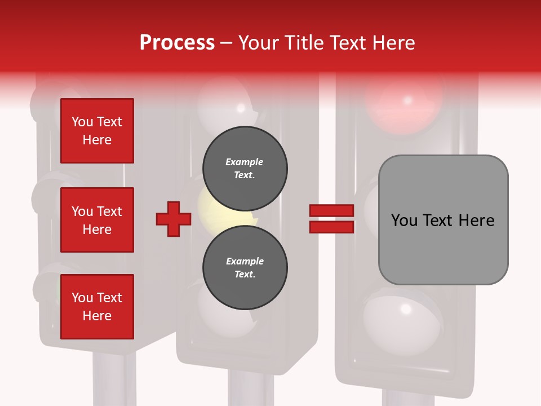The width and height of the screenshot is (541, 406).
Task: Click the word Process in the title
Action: click(x=177, y=43)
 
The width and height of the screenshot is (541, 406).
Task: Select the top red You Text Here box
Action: click(x=97, y=131)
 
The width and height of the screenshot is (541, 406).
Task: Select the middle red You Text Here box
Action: click(x=97, y=220)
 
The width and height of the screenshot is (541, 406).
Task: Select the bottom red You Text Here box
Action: click(x=97, y=307)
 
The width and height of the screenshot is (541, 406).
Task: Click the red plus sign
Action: click(x=174, y=219)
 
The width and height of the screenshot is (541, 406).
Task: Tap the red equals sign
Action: click(x=331, y=219)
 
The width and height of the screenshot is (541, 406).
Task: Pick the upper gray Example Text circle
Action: click(x=245, y=168)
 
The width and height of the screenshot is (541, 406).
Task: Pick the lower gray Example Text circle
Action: click(x=245, y=267)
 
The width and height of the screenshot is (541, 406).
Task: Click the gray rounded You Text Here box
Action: click(x=443, y=220)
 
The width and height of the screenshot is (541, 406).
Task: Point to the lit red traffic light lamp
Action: click(x=403, y=101)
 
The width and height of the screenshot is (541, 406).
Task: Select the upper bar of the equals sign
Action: click(x=331, y=211)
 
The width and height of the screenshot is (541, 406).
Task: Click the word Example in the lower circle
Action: click(x=245, y=261)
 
